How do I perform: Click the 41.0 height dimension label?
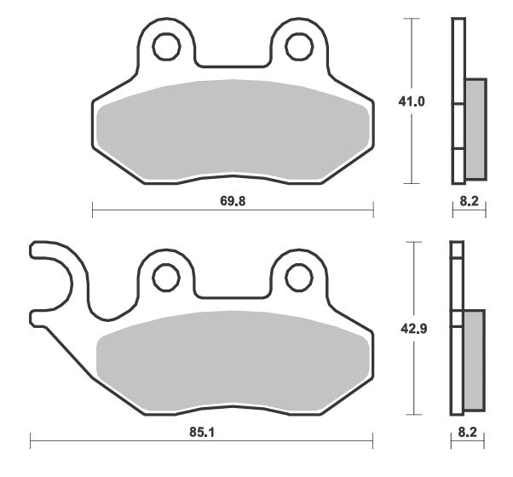412,101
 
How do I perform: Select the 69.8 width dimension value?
233,201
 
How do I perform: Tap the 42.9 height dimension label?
414,329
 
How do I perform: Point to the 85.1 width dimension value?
202,432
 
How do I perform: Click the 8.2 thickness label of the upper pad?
470,201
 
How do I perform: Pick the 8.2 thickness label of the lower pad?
467,432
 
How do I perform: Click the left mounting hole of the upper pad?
166,47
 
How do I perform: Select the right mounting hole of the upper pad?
299,47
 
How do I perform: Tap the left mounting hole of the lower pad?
166,278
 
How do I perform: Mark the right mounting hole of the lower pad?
299,278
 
